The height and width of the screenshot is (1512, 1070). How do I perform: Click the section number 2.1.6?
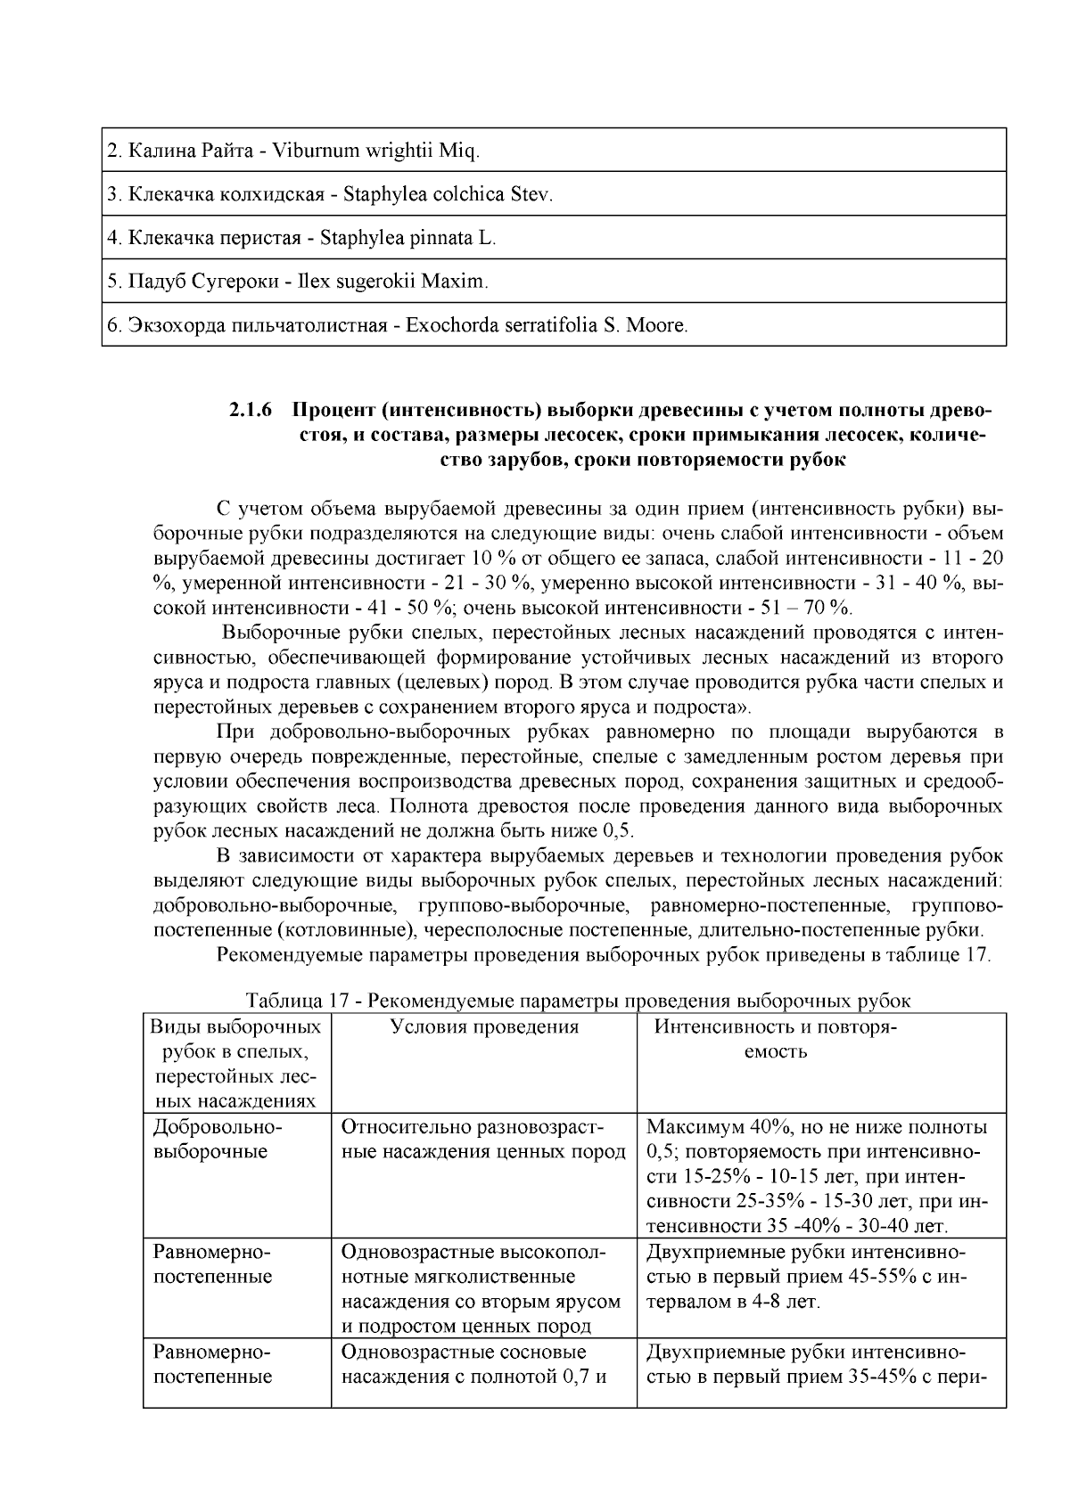tap(250, 412)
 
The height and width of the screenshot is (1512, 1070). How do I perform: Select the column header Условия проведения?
tap(484, 1027)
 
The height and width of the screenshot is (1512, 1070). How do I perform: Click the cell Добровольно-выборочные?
tap(218, 1140)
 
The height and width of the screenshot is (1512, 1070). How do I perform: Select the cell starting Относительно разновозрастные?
tap(483, 1140)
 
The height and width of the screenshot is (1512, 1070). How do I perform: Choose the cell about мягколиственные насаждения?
tap(483, 1289)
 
